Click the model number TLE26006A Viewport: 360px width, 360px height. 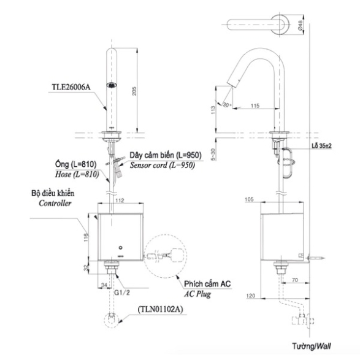[71, 88]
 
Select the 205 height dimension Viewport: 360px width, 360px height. [134, 91]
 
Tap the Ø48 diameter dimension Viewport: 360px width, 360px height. [300, 25]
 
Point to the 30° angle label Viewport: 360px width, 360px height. [227, 105]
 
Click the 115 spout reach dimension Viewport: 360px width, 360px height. [255, 105]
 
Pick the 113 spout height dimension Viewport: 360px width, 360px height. [213, 110]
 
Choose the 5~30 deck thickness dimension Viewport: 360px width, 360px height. [213, 155]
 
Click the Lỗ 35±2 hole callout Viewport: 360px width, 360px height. [321, 145]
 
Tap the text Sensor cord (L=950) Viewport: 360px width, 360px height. [163, 166]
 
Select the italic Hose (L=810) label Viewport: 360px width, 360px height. [77, 175]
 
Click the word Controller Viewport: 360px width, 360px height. [55, 203]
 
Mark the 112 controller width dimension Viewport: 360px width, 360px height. [120, 201]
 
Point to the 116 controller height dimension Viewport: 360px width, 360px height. [86, 237]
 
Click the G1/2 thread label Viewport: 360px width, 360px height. [122, 293]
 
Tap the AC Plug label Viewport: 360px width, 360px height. [197, 294]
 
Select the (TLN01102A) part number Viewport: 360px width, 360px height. [161, 309]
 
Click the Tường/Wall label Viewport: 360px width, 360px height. [312, 346]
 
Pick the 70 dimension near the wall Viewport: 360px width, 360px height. [295, 280]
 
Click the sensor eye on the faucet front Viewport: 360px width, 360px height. [112, 85]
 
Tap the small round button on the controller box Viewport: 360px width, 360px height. [121, 248]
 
